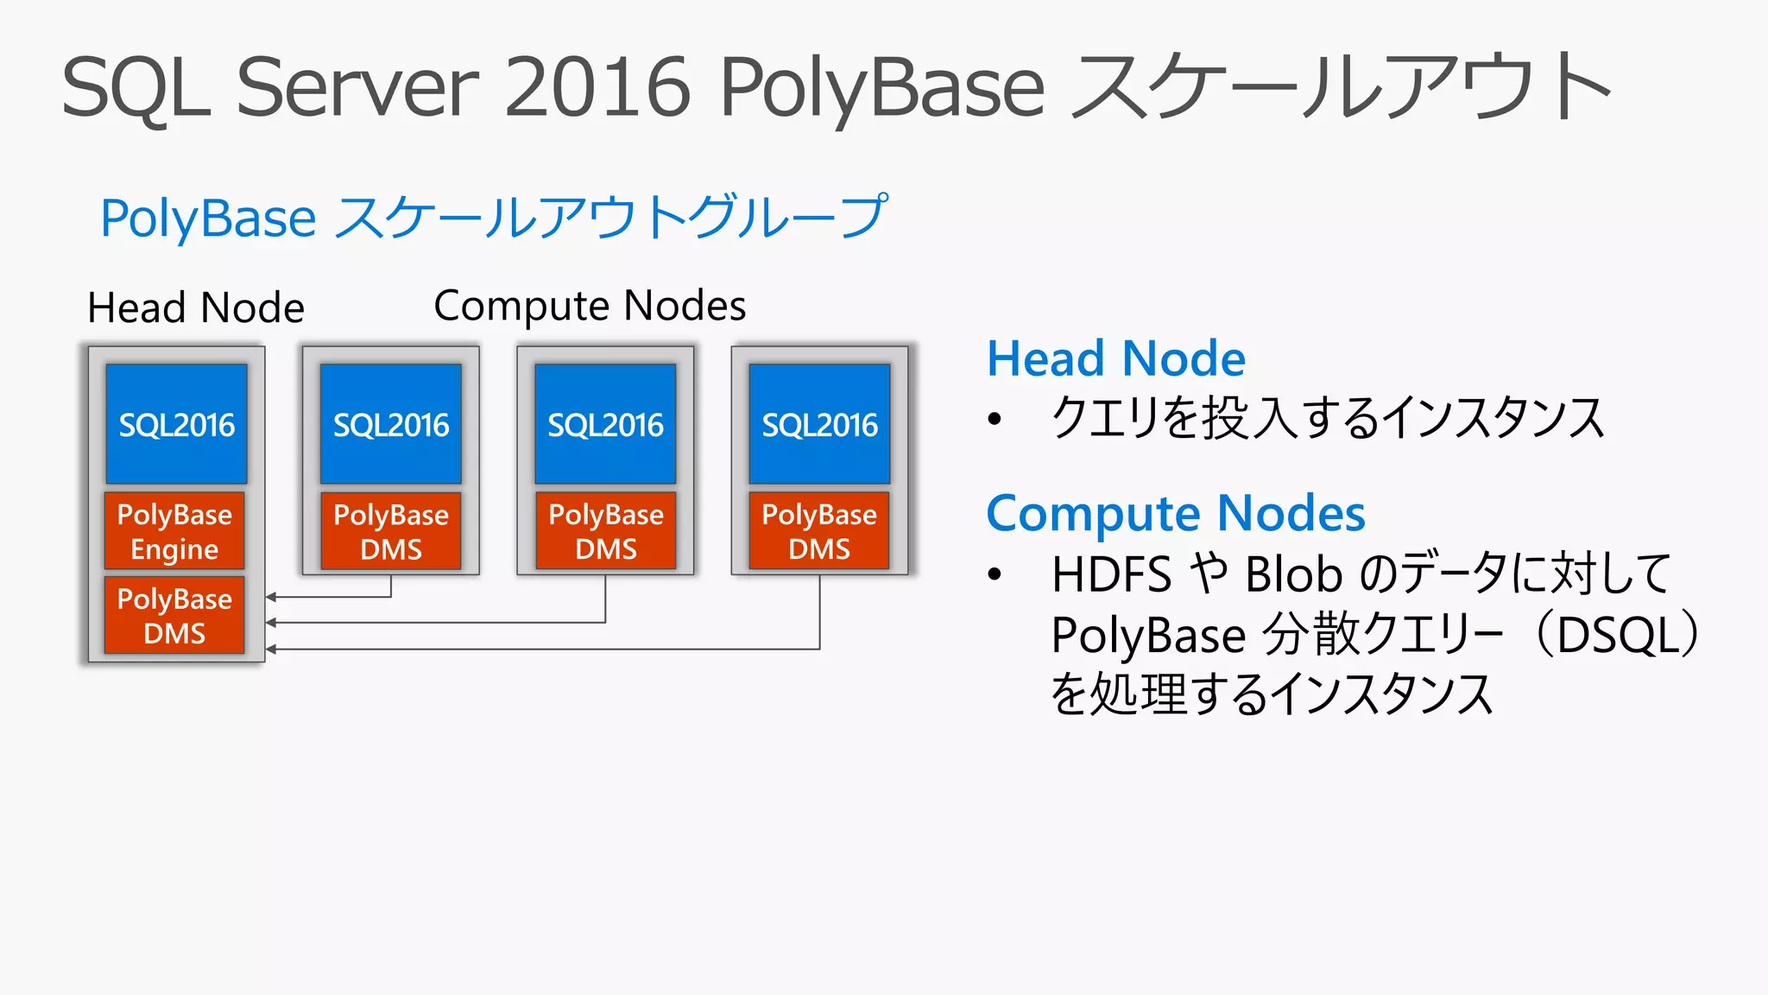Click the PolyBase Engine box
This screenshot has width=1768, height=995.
coord(174,531)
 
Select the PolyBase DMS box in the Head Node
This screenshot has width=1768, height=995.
coord(174,615)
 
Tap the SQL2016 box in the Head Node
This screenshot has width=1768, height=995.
coord(176,424)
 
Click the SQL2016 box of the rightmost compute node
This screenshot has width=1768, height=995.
coord(819,424)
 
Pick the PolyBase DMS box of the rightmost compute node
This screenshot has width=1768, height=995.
coord(819,531)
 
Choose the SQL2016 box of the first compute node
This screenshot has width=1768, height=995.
coord(391,424)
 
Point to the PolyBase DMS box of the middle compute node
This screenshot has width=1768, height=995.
coord(605,531)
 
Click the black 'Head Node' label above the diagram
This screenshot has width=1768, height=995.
coord(196,308)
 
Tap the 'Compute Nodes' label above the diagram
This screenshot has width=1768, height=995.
coord(590,306)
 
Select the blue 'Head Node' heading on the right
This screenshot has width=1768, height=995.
coord(1115,358)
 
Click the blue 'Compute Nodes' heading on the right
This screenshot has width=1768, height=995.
coord(1176,513)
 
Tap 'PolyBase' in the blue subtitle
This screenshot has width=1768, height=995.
coord(208,218)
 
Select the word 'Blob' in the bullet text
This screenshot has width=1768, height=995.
coord(1293,574)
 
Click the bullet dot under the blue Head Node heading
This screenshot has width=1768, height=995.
coord(994,420)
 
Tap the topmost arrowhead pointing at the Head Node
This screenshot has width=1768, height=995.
coord(270,597)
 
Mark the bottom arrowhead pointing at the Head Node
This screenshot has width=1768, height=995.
coord(270,649)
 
